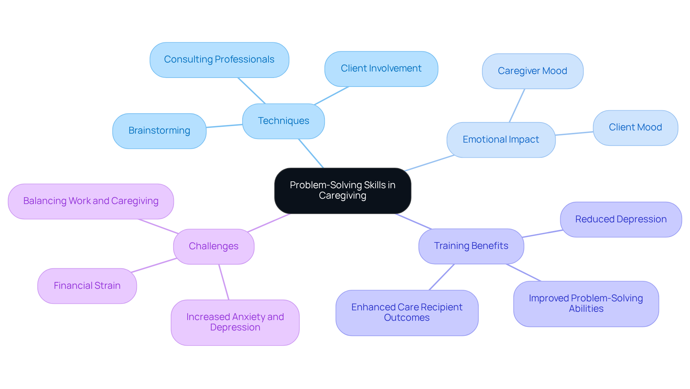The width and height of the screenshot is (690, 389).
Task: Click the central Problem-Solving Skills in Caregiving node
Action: coord(342,190)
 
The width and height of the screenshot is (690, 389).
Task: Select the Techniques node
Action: coord(283,121)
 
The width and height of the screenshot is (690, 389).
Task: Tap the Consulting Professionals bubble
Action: coord(219,60)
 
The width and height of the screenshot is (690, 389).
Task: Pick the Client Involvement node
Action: coord(381,69)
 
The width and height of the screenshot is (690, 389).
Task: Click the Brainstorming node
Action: coord(159,131)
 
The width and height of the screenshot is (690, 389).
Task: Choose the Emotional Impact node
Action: coord(501,140)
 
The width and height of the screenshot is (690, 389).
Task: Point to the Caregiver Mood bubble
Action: coord(532,71)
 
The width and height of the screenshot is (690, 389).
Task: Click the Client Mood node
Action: coord(635,128)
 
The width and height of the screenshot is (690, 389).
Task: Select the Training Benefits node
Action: coord(471,246)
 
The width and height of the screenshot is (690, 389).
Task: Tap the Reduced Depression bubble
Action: coord(621,219)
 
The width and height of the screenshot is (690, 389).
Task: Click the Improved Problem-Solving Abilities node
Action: coord(586,304)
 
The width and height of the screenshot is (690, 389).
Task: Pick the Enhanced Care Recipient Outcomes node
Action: coord(407,312)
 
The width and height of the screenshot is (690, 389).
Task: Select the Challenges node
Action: coord(213,246)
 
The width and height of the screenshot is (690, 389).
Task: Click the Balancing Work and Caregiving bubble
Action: coord(91,201)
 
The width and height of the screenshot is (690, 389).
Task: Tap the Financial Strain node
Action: coord(87,286)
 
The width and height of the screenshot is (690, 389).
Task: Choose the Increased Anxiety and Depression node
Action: coord(235,322)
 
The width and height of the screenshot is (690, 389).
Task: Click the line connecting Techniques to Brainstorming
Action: coord(224,126)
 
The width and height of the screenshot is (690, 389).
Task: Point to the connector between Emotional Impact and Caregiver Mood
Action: coord(517,106)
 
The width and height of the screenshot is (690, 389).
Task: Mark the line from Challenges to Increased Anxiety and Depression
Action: coord(224,282)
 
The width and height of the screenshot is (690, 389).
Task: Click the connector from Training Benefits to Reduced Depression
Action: coord(543,233)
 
